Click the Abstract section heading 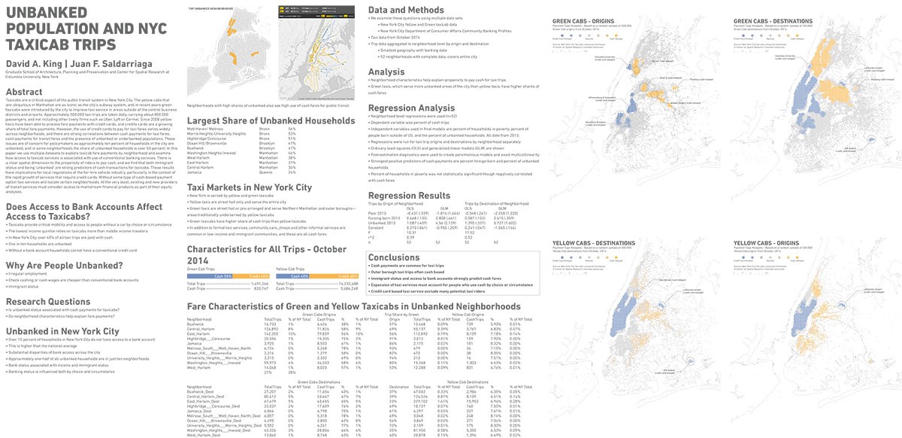click(25, 92)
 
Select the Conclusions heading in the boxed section click(394, 257)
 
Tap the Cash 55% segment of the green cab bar click(222, 275)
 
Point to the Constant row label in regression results click(379, 228)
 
